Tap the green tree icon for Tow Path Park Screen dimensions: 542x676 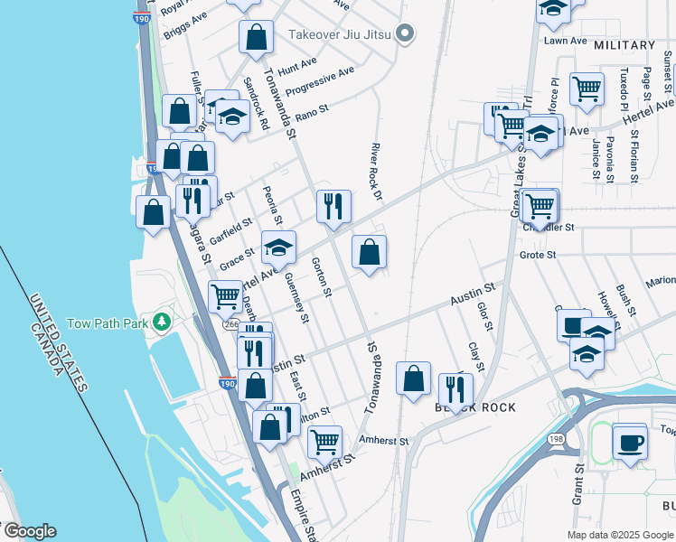point(162,322)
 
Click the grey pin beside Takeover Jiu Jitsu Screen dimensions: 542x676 point(406,33)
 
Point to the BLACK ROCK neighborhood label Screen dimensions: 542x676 point(475,407)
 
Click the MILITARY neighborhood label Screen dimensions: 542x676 point(624,45)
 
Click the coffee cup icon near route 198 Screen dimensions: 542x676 point(630,442)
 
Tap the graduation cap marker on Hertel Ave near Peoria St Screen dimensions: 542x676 point(279,247)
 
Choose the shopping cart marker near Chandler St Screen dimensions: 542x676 point(540,205)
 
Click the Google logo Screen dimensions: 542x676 point(30,531)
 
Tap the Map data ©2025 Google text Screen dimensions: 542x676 point(620,534)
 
